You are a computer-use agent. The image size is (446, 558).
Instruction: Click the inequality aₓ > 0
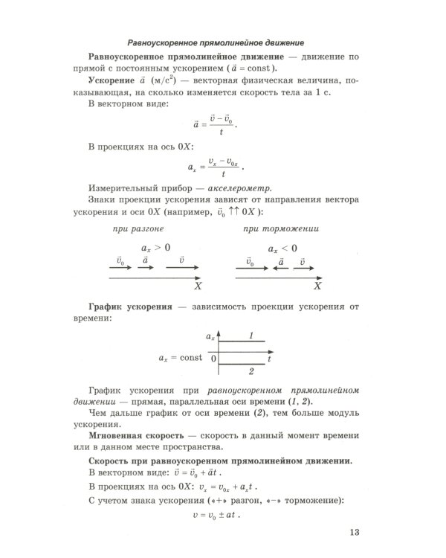[155, 247]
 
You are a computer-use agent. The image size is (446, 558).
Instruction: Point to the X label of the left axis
[198, 286]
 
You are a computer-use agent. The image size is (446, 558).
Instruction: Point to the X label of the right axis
[317, 286]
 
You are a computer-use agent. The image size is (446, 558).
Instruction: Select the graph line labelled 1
[241, 341]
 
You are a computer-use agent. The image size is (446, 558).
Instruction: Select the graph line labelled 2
[241, 364]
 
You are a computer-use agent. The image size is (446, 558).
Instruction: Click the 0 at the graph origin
[213, 358]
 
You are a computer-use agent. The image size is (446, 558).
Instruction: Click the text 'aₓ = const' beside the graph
[180, 358]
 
